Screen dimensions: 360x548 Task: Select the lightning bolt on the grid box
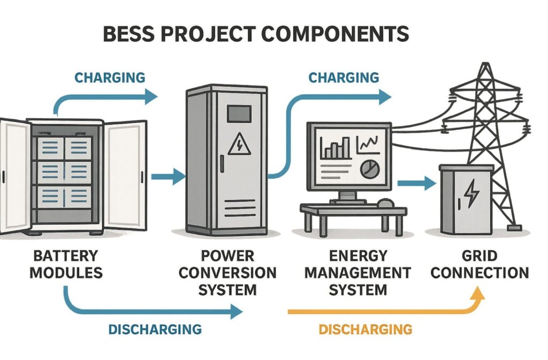coord(471,194)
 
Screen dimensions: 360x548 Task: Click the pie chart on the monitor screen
coord(368,170)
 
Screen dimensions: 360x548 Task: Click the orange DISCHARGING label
coord(366,329)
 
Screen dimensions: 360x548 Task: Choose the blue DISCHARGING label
coord(155,329)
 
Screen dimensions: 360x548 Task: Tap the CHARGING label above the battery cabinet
coord(110,77)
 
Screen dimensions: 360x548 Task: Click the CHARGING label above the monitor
coord(344,77)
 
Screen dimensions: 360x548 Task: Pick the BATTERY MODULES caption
coord(66,265)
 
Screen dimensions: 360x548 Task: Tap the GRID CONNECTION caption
coord(480,265)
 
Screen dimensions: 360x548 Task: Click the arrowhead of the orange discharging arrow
coord(478,293)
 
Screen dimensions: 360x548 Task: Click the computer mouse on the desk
coord(385,203)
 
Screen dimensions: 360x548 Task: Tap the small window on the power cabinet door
coord(239,113)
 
